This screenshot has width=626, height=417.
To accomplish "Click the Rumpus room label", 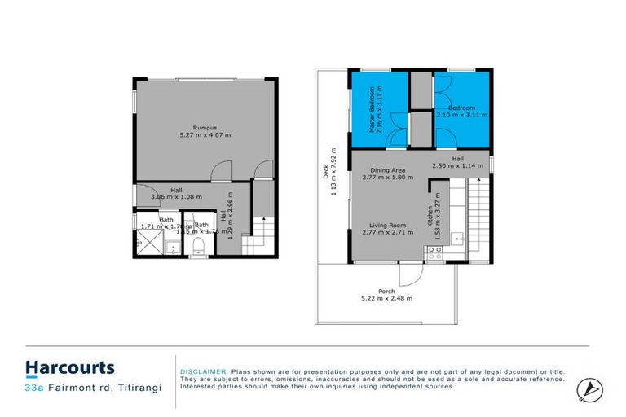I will (204, 127).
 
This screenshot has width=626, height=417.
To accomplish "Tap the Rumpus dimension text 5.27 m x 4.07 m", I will (204, 135).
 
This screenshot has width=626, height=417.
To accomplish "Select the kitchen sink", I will (459, 238).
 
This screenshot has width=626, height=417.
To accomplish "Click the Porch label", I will (386, 291).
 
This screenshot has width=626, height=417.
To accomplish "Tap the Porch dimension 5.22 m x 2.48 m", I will (386, 299).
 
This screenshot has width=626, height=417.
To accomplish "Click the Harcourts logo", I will (69, 367).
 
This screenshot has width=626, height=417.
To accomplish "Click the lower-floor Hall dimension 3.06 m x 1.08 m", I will (177, 196).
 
